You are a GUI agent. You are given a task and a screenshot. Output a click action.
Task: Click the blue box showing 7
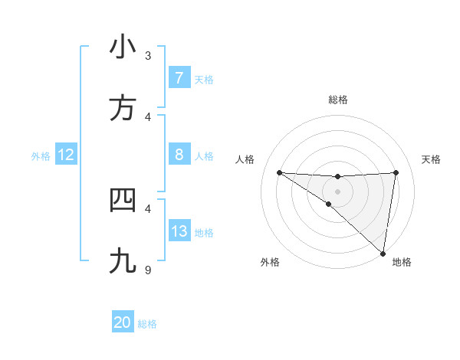179,77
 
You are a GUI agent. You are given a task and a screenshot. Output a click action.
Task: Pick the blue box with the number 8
179,155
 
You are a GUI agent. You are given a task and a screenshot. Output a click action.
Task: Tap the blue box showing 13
179,231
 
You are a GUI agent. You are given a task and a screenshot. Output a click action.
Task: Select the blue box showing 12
66,155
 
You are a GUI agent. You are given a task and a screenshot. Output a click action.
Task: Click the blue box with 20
123,322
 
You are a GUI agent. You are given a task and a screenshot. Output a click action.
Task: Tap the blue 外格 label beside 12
41,155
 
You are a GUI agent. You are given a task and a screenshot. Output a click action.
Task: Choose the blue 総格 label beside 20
147,323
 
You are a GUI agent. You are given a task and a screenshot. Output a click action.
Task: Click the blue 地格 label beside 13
204,232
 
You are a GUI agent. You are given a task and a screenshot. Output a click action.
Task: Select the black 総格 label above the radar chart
338,100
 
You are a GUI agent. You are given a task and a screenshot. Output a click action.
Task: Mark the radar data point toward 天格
396,172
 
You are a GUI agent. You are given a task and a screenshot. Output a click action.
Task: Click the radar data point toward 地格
383,253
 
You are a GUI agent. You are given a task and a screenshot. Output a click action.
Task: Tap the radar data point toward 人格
279,172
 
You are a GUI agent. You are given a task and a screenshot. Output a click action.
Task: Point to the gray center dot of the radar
337,191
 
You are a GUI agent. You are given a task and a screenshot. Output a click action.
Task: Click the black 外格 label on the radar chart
270,262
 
